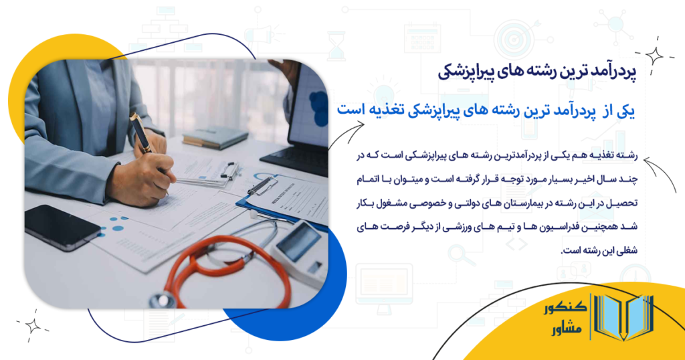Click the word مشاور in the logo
562,330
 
